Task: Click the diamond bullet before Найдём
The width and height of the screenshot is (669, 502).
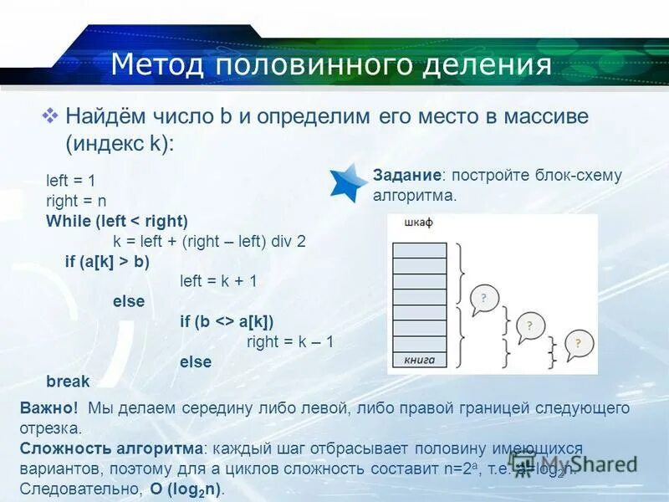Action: tap(50, 115)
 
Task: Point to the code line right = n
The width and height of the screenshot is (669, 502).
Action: tap(76, 201)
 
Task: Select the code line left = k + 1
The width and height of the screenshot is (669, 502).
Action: tap(218, 281)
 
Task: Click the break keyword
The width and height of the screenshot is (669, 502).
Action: tap(68, 382)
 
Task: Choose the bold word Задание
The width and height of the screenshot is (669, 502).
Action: tap(407, 175)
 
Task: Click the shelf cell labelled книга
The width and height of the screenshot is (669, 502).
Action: tap(419, 360)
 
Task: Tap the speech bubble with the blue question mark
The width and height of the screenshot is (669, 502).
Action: tap(484, 300)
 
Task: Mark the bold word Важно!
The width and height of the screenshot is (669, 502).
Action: tap(49, 408)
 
